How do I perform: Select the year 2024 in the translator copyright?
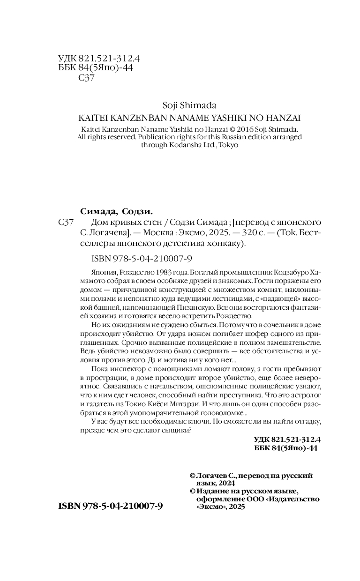click(x=225, y=483)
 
